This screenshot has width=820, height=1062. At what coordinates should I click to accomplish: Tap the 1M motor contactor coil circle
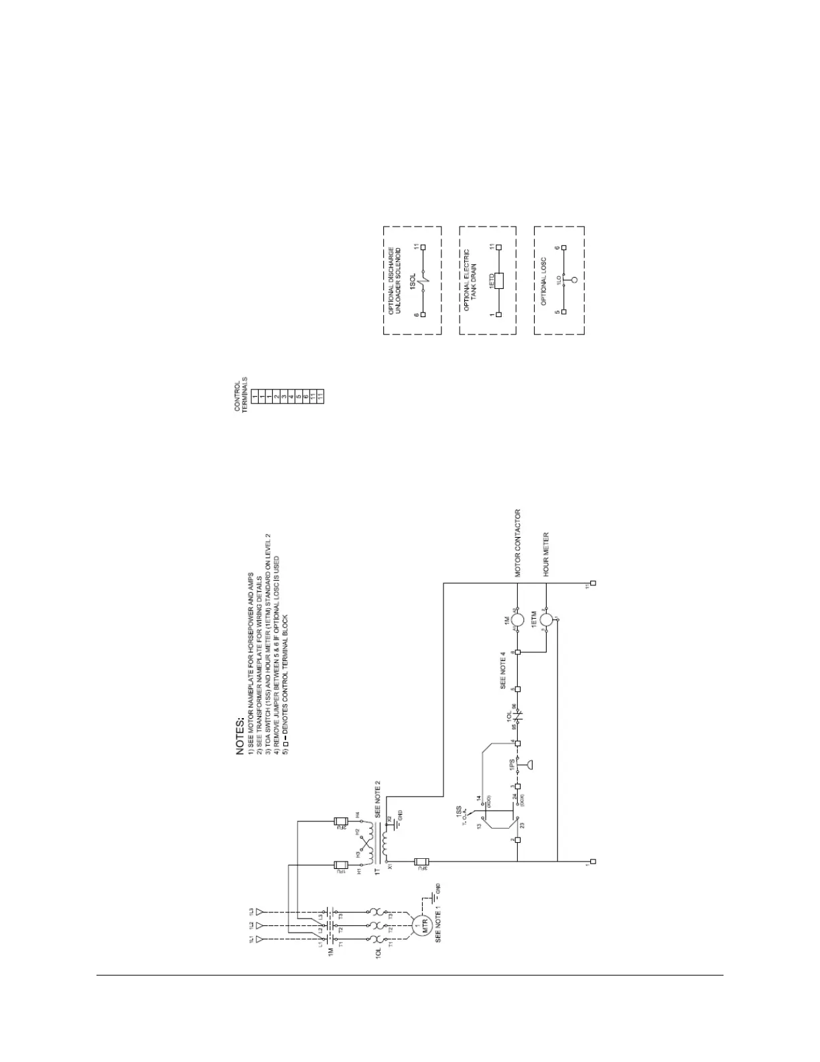tap(517, 619)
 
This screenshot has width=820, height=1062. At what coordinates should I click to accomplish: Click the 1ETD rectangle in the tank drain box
tap(497, 280)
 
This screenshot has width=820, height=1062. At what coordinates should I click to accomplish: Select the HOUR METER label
tap(546, 554)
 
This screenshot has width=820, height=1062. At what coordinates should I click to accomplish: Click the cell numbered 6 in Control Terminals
tap(305, 397)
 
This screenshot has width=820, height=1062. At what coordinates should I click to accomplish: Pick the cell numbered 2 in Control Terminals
tap(276, 397)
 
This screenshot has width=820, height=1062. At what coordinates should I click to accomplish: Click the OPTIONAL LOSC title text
tap(545, 282)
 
